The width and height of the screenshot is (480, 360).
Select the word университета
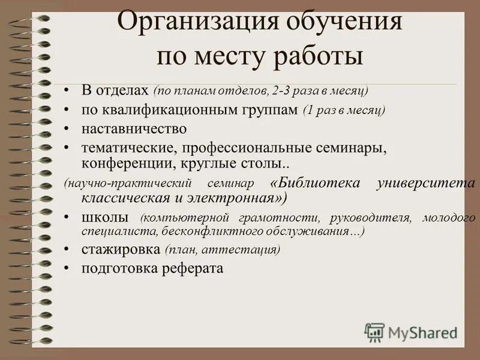[x=426, y=183]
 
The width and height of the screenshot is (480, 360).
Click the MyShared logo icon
[x=374, y=331]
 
